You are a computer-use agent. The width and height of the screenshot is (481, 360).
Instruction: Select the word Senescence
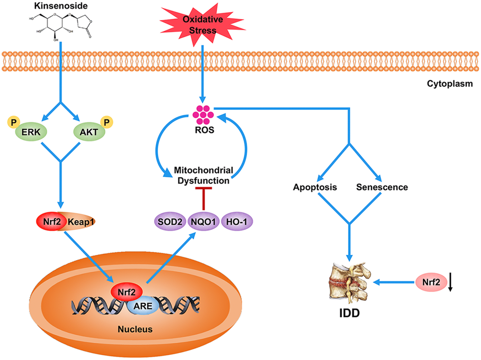382,187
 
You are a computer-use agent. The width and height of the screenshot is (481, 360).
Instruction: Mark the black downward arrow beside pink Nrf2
450,283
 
